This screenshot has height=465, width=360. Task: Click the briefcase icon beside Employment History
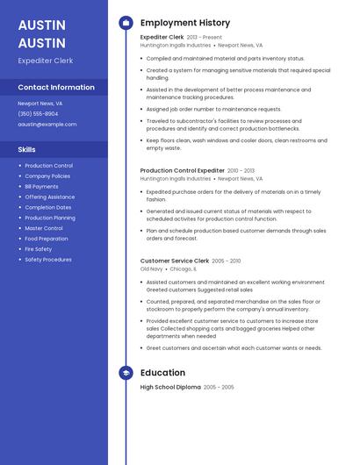click(126, 22)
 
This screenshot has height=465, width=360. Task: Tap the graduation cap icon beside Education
click(126, 373)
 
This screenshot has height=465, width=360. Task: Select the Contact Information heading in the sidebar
click(56, 87)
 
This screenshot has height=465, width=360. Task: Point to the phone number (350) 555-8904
click(38, 113)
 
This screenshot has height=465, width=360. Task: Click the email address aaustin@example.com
click(47, 124)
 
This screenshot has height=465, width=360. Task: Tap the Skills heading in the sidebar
click(26, 149)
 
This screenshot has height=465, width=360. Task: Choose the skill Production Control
click(48, 166)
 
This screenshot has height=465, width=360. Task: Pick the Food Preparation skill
click(46, 239)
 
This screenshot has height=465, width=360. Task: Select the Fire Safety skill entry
click(38, 249)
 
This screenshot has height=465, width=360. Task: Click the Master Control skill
click(43, 228)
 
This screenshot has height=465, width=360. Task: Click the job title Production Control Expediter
click(182, 170)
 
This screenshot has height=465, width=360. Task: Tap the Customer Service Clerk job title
click(174, 261)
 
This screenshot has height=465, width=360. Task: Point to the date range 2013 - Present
click(205, 38)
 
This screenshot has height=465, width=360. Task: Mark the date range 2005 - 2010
click(227, 261)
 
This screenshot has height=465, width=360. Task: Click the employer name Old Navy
click(151, 269)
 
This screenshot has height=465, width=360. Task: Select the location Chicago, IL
click(184, 269)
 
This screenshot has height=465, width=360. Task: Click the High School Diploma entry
click(170, 387)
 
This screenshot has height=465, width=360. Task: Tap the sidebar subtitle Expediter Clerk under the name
click(45, 61)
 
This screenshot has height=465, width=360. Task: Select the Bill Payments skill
click(41, 187)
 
